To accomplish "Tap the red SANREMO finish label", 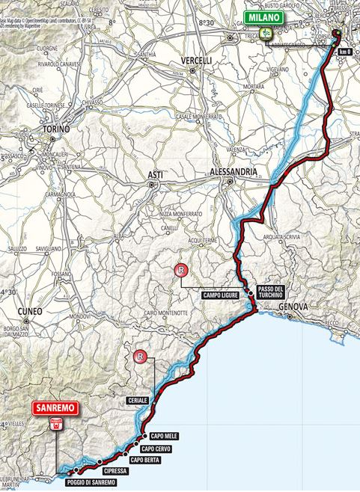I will click(x=55, y=408).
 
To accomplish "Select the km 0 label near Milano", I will click(x=344, y=52).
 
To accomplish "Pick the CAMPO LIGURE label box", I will click(x=220, y=295).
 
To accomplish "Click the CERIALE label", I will click(x=137, y=401).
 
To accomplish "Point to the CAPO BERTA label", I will click(x=144, y=460).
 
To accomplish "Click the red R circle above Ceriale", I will click(x=139, y=357).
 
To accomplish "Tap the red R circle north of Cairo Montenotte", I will click(x=179, y=270).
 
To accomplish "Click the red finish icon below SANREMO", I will click(x=55, y=425).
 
